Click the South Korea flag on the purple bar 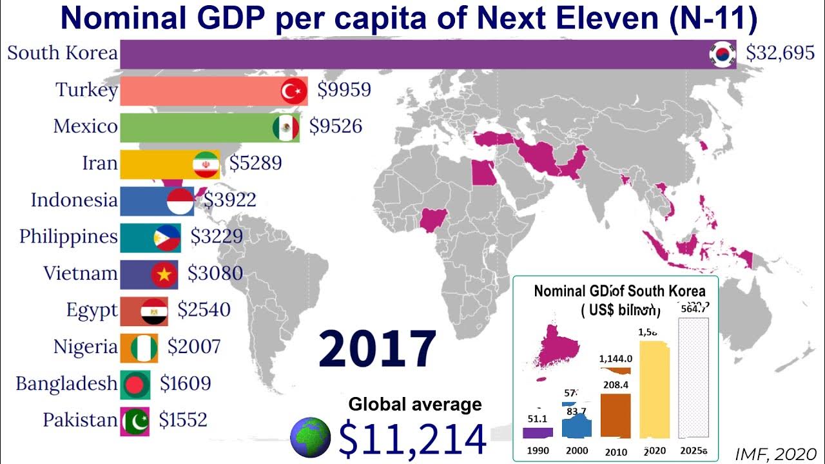coord(723,55)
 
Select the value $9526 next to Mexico coord(335,126)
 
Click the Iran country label coord(100,163)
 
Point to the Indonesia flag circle coord(180,200)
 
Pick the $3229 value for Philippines coord(217,237)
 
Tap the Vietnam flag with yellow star coord(164,274)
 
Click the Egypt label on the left coord(92,311)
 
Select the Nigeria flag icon coord(143,348)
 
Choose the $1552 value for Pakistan coord(183,421)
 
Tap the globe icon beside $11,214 coord(311,438)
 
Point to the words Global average coord(415,405)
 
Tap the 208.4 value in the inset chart coord(616,385)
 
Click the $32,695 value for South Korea coord(780,54)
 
